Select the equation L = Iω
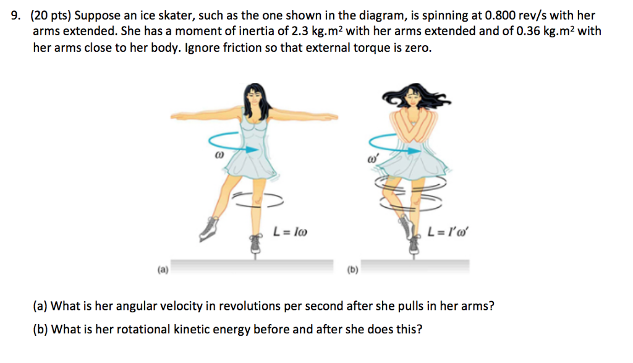point(290,234)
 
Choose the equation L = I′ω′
point(448,234)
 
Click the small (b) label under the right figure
point(352,270)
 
